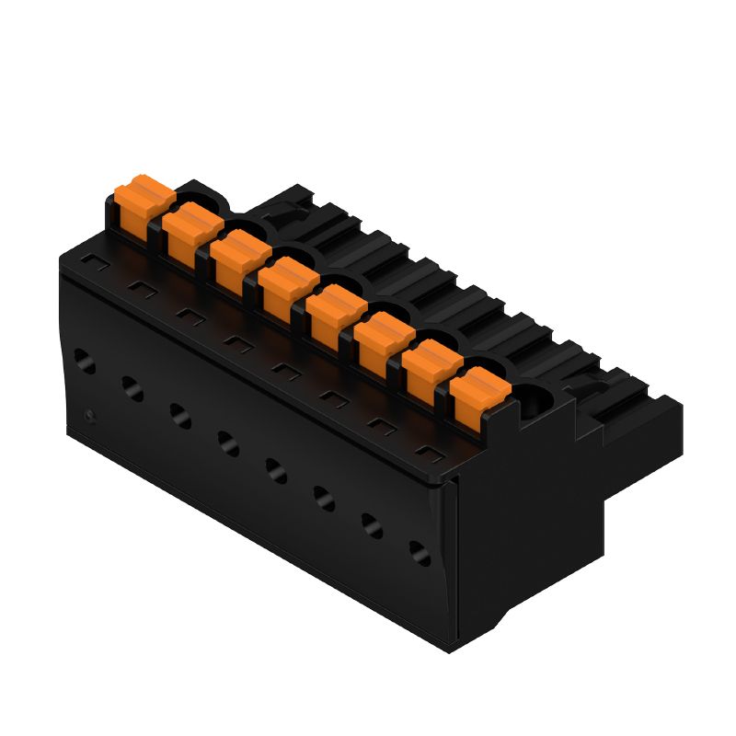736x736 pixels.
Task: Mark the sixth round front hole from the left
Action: click(324, 498)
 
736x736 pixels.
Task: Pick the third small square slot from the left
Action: click(189, 316)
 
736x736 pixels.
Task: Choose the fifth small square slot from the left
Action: click(284, 370)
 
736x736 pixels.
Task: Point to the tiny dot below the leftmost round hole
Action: click(88, 416)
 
